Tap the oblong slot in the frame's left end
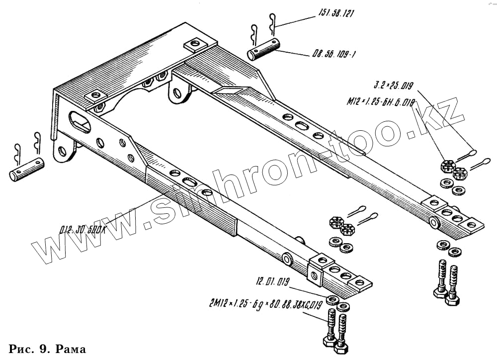[x=79, y=121]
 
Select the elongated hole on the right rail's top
[x=301, y=126]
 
